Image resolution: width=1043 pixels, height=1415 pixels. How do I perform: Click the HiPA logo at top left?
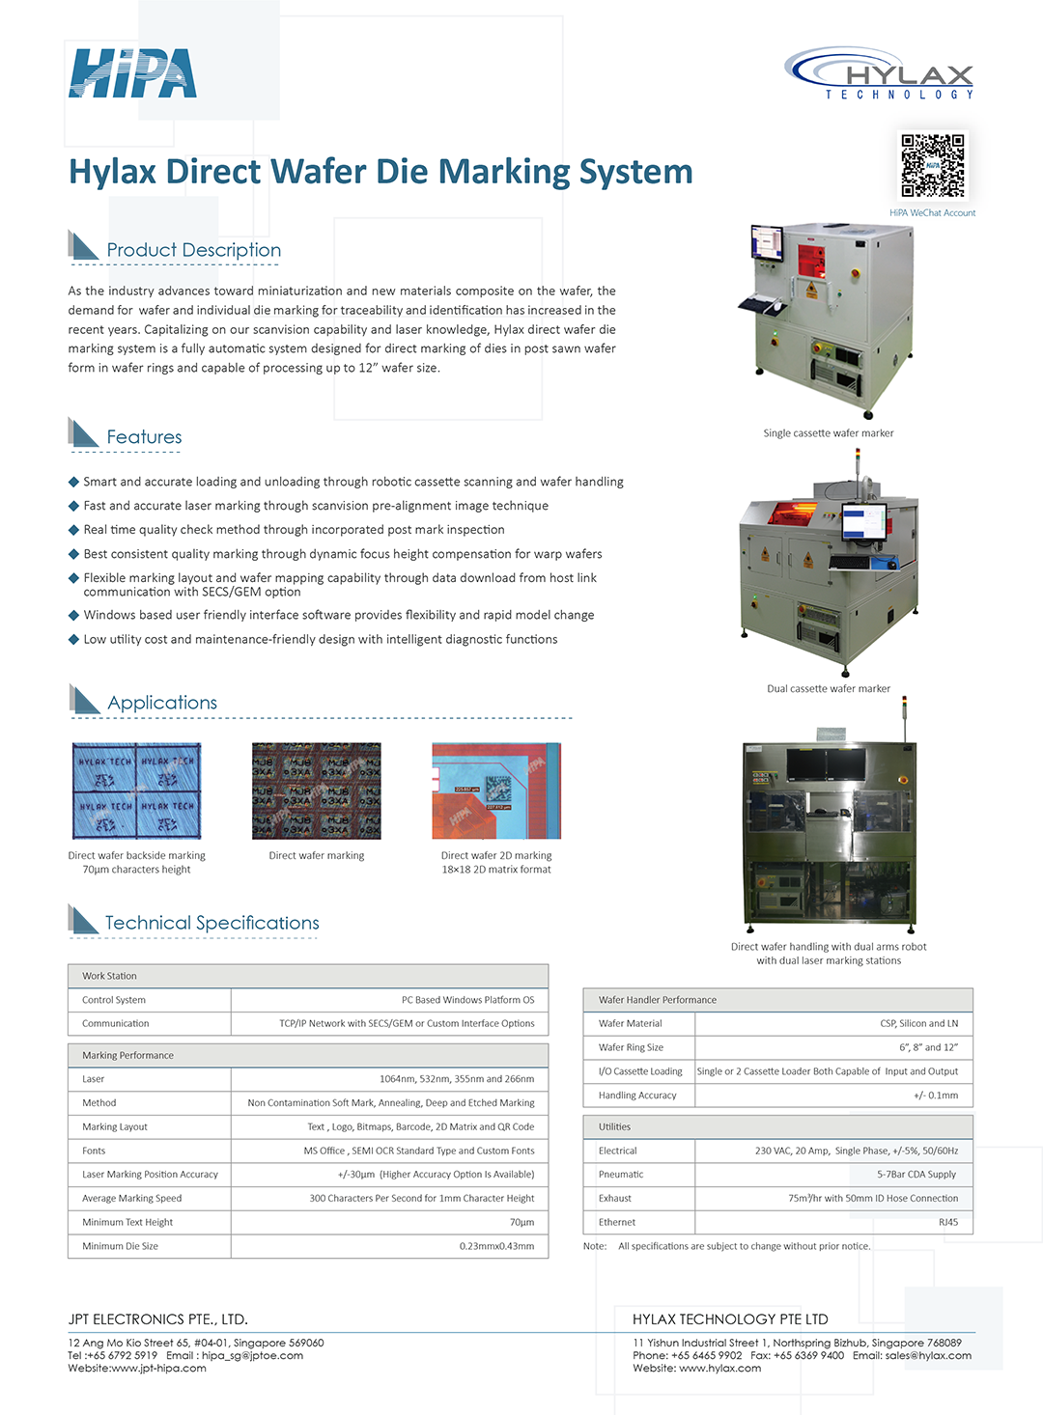(x=132, y=73)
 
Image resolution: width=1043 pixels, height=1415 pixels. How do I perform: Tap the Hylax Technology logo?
(x=880, y=73)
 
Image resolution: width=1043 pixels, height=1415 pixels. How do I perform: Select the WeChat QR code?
(x=932, y=165)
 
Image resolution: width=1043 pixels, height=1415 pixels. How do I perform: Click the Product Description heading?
(x=193, y=250)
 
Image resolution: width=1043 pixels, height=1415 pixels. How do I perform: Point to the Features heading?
(x=144, y=437)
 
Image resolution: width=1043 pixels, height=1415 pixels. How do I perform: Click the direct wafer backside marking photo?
(x=137, y=791)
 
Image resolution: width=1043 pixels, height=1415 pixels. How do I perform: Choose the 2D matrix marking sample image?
(x=496, y=791)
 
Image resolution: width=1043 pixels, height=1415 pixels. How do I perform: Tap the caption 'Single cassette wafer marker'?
(x=829, y=433)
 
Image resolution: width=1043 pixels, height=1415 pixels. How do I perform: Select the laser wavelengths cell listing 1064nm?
(x=456, y=1079)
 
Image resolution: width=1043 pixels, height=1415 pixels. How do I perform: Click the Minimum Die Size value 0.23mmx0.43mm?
(x=496, y=1246)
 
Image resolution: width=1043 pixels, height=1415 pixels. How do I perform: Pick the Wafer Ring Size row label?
(x=631, y=1047)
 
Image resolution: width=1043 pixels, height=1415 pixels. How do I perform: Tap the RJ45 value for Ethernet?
(x=948, y=1222)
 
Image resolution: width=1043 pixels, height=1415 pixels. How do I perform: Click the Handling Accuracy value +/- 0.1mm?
(x=936, y=1096)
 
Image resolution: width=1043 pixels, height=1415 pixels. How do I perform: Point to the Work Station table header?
(x=109, y=976)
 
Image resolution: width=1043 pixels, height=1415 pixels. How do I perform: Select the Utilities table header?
(x=614, y=1126)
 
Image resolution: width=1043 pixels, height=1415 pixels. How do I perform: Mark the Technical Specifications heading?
(x=211, y=923)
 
